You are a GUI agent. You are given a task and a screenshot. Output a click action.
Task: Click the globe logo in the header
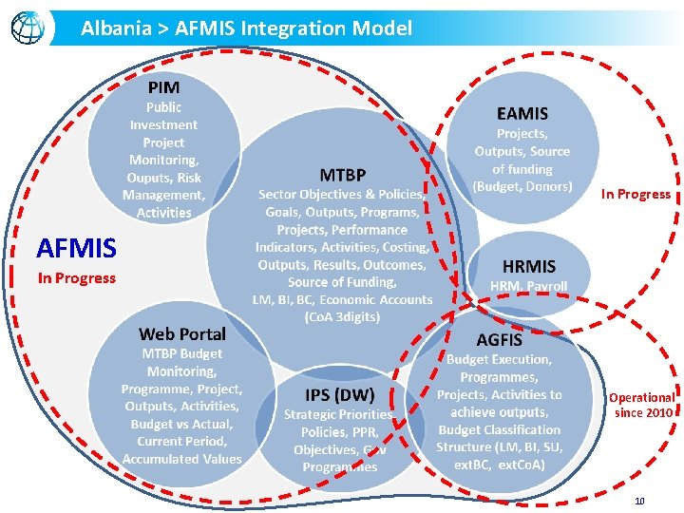point(28,28)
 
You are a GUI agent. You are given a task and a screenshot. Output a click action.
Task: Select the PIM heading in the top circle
point(163,87)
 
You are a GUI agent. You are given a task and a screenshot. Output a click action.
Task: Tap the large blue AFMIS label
point(76,249)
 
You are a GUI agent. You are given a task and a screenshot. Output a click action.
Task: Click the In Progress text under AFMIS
point(76,278)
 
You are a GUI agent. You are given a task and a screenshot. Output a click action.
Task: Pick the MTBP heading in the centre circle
point(342,175)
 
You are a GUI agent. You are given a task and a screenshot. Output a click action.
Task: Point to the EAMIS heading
point(522,113)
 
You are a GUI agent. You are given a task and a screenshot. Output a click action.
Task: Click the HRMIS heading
point(529,266)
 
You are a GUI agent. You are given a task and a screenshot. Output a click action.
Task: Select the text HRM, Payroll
point(529,286)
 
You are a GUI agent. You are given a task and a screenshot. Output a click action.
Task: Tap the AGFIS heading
point(500,339)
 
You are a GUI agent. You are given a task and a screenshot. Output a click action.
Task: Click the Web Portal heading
point(182,333)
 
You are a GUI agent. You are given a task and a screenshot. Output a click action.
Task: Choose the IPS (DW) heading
point(339,394)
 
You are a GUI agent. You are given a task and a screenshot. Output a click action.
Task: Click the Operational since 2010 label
point(642,405)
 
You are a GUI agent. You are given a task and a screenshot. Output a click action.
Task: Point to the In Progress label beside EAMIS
point(636,194)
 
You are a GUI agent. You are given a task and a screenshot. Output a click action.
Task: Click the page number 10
point(639,501)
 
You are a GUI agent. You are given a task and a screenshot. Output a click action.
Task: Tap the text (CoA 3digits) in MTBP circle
point(342,316)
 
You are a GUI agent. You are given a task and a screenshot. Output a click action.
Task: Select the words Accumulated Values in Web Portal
point(182,459)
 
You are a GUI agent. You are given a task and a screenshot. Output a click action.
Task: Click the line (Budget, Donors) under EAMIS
point(522,186)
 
